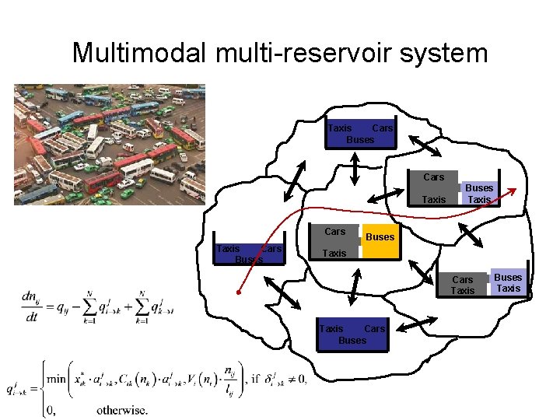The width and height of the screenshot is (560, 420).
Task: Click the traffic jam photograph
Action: [x=110, y=145]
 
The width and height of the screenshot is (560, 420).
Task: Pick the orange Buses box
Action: [x=380, y=236]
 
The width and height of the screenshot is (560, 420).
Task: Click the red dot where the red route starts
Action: [x=240, y=294]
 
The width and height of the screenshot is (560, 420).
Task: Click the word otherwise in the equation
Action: [x=122, y=410]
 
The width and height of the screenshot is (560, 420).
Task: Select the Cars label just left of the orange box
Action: [x=335, y=232]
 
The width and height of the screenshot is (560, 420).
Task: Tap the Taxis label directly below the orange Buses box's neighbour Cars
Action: [x=334, y=254]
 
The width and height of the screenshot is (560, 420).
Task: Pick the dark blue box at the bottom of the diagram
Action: [x=352, y=335]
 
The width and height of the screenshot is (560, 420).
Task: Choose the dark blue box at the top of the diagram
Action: [x=360, y=133]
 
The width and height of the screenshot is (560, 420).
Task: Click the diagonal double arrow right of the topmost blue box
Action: [x=425, y=145]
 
